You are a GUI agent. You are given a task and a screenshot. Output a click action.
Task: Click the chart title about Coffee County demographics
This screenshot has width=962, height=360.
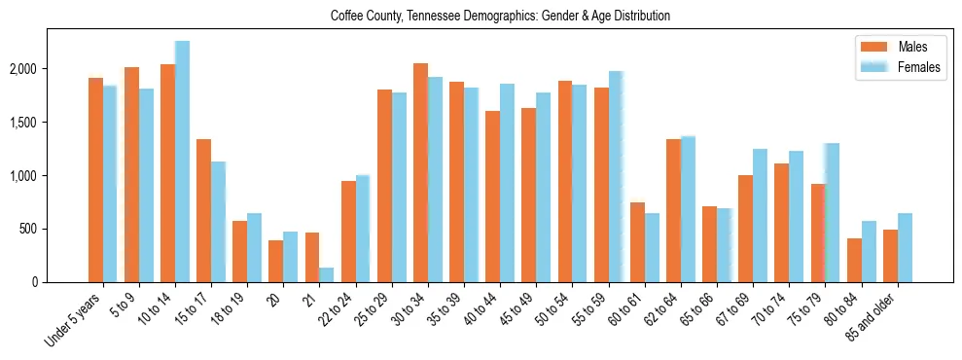click(x=500, y=17)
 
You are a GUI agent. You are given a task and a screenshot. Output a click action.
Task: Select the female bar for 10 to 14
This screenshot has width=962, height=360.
click(x=182, y=162)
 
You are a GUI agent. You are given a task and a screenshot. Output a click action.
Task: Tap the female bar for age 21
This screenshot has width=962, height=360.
click(x=326, y=274)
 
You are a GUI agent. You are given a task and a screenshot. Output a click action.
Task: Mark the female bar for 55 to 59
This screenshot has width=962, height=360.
click(x=615, y=176)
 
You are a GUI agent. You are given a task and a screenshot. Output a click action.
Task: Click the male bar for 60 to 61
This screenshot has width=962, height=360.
click(x=637, y=242)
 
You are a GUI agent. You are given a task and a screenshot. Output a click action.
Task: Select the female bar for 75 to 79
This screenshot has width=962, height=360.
click(x=831, y=212)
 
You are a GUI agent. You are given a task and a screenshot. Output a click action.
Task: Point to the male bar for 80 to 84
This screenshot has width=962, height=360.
click(x=854, y=260)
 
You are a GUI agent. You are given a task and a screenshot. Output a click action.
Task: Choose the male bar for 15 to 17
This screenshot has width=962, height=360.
click(x=203, y=210)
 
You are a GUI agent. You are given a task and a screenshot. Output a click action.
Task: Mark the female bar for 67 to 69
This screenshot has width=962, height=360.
click(x=760, y=215)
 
